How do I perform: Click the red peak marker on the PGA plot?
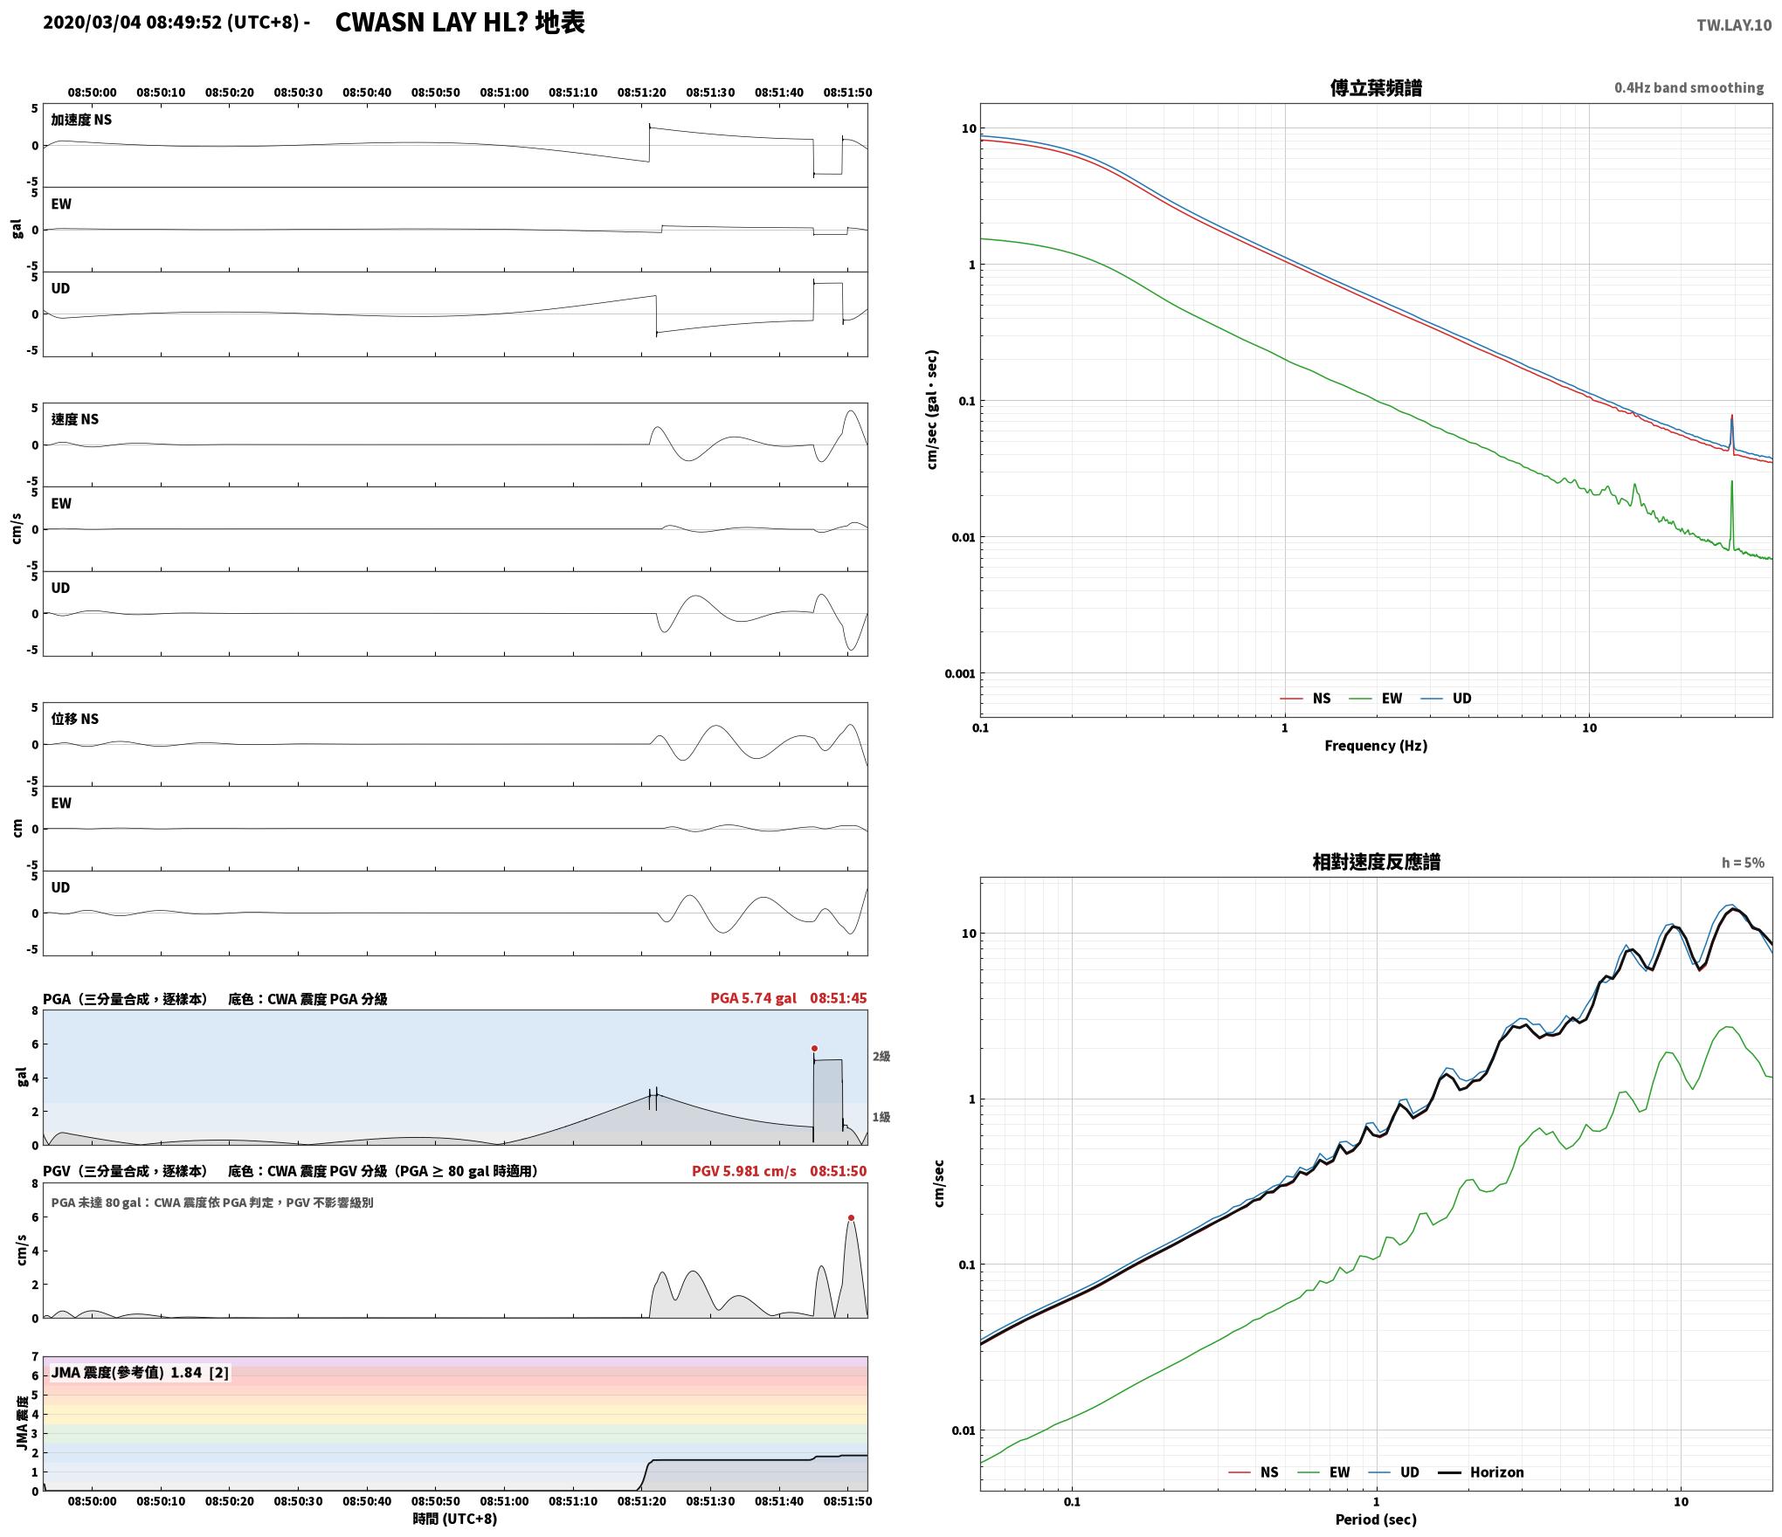814,1048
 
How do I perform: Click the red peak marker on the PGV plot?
851,1217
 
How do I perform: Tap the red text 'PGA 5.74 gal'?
753,998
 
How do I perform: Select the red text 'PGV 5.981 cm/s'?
744,1171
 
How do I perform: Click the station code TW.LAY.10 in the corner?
1734,25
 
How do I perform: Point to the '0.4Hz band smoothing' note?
1689,87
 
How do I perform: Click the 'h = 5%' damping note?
1743,863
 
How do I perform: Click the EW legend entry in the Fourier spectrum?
1376,698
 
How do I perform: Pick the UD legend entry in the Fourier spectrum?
1446,698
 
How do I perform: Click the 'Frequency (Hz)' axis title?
1376,745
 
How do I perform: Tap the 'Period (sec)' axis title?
1376,1520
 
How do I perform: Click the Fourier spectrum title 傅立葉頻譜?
1376,87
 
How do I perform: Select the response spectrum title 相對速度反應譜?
1376,862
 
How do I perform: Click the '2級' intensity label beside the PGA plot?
881,1057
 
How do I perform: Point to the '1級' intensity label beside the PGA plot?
881,1117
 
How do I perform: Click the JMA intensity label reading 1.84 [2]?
140,1372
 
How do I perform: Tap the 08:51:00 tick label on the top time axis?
504,92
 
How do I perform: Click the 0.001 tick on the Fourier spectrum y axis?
960,673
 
